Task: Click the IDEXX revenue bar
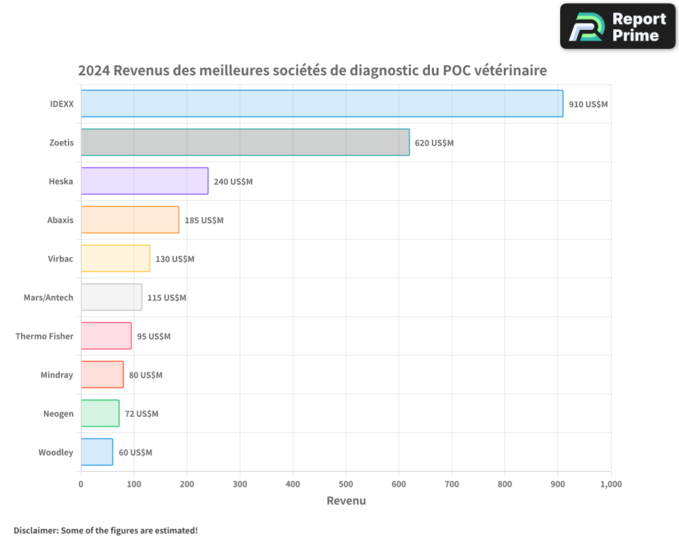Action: (x=322, y=104)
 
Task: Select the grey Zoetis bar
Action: (x=245, y=143)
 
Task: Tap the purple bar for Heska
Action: (x=145, y=181)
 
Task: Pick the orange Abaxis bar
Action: (x=130, y=220)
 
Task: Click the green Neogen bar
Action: (x=100, y=413)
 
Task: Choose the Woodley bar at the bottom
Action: (x=96, y=452)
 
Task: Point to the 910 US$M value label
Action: (x=588, y=105)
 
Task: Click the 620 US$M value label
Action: (x=434, y=143)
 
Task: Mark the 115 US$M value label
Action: (x=166, y=298)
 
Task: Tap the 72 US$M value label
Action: (x=141, y=414)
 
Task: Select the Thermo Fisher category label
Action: (x=44, y=336)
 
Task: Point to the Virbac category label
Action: (x=60, y=259)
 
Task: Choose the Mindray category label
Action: (x=56, y=375)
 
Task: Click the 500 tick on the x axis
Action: (x=346, y=484)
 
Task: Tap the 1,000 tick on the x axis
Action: (x=610, y=484)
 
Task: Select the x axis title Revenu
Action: (x=346, y=501)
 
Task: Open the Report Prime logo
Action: (x=618, y=26)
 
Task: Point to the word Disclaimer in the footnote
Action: (x=35, y=530)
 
